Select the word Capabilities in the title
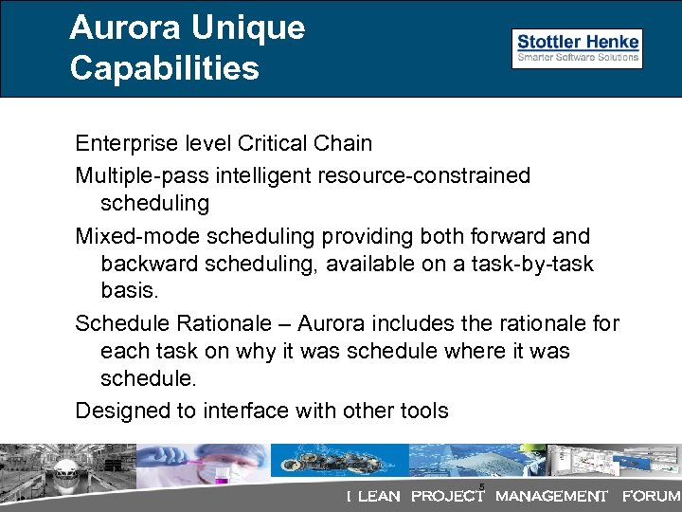(164, 68)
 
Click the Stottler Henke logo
(578, 42)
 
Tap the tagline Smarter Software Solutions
(578, 58)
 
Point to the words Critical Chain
(305, 144)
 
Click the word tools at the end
(422, 411)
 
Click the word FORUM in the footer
(651, 496)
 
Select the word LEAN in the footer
(379, 496)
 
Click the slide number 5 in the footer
(482, 487)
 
